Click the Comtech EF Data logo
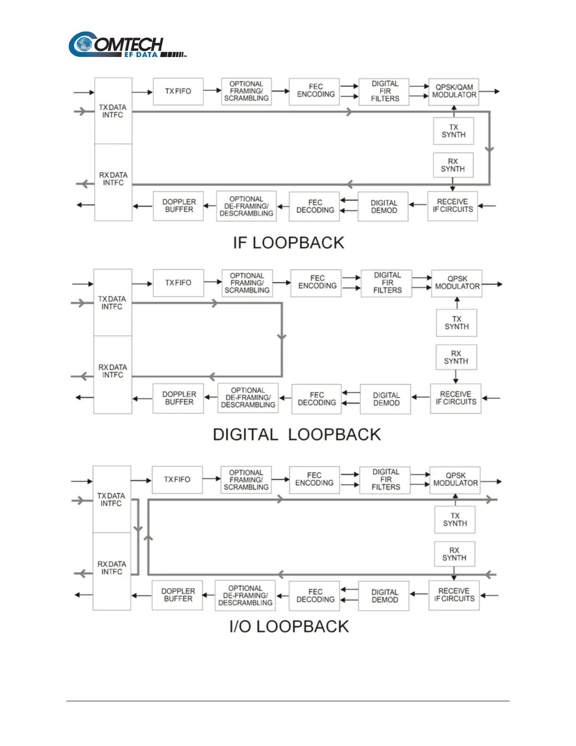tap(127, 45)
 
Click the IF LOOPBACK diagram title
tap(288, 243)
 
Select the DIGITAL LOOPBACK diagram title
tap(296, 435)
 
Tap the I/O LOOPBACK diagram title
tap(289, 627)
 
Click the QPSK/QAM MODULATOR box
tap(454, 91)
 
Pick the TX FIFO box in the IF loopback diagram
tap(178, 91)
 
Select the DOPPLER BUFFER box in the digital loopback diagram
tap(178, 398)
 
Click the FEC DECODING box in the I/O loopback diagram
tap(315, 596)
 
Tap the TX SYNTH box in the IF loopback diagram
tap(453, 131)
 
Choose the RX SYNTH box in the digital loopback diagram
tap(456, 357)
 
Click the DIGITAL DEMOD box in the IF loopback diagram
tap(384, 207)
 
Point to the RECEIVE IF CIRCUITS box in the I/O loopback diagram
tap(454, 595)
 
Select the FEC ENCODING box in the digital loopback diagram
tap(317, 283)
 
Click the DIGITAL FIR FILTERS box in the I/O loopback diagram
tap(385, 480)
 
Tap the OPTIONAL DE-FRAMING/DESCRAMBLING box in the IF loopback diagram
tap(246, 206)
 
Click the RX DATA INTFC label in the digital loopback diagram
tap(112, 371)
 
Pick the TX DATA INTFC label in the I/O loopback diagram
tap(111, 500)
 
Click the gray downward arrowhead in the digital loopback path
tap(282, 337)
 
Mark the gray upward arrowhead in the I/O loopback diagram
tap(148, 538)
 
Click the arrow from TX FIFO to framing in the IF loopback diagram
tap(212, 90)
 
